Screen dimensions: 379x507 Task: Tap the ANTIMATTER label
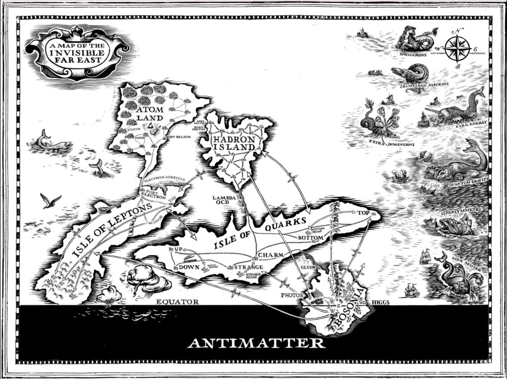pos(255,342)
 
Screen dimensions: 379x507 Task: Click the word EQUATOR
pos(177,301)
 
